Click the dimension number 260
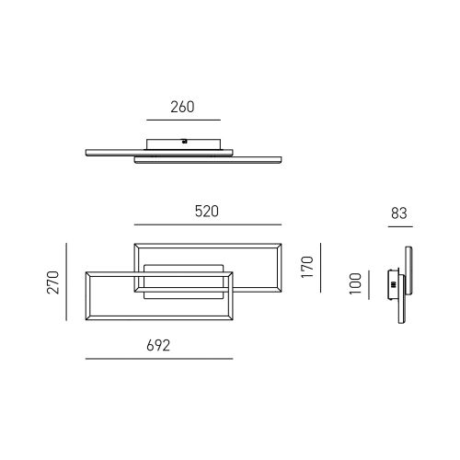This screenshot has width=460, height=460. (182, 107)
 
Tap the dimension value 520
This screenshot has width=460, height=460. (207, 212)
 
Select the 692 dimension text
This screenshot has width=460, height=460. (158, 346)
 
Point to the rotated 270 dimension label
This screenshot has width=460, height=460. (53, 282)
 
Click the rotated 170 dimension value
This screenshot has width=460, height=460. (307, 267)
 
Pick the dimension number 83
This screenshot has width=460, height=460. (399, 213)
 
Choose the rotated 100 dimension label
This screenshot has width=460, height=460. (355, 283)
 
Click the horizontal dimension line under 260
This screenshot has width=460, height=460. (183, 120)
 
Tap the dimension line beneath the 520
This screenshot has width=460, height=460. (208, 224)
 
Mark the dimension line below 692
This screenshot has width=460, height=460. (159, 359)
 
